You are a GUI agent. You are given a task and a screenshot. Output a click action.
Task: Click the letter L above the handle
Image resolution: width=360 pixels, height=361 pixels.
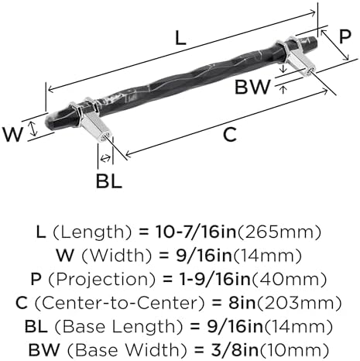180,38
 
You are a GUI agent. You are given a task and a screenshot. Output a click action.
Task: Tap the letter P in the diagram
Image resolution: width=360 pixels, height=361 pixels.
345,36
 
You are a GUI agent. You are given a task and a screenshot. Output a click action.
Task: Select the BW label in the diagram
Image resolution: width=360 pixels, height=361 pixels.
252,87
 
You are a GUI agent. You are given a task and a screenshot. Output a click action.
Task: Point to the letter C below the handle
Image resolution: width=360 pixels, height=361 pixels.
230,134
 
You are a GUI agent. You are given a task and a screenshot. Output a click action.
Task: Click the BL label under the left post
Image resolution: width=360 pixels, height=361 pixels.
108,180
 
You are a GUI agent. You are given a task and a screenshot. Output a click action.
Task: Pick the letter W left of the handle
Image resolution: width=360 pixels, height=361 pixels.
12,134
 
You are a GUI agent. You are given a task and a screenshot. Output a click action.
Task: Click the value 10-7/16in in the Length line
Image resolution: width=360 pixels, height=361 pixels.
196,232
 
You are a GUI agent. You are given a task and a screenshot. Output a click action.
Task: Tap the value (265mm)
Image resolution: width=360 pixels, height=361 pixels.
279,232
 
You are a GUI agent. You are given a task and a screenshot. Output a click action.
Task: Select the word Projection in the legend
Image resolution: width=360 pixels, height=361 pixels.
102,280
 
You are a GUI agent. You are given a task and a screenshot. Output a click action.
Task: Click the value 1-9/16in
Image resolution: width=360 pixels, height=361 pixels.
215,279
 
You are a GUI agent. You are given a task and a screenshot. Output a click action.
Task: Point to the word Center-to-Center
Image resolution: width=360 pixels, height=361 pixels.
119,303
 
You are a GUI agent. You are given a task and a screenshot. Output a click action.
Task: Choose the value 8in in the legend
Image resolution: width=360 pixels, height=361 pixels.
242,303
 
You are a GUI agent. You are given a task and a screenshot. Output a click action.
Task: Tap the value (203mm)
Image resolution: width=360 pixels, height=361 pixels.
299,303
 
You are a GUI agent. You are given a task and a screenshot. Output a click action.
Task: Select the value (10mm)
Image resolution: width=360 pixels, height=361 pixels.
294,350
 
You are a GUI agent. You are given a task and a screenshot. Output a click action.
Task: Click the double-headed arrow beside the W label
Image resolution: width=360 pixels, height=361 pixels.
33,129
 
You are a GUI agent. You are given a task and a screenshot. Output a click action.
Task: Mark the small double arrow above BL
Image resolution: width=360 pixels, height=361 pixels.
105,158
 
